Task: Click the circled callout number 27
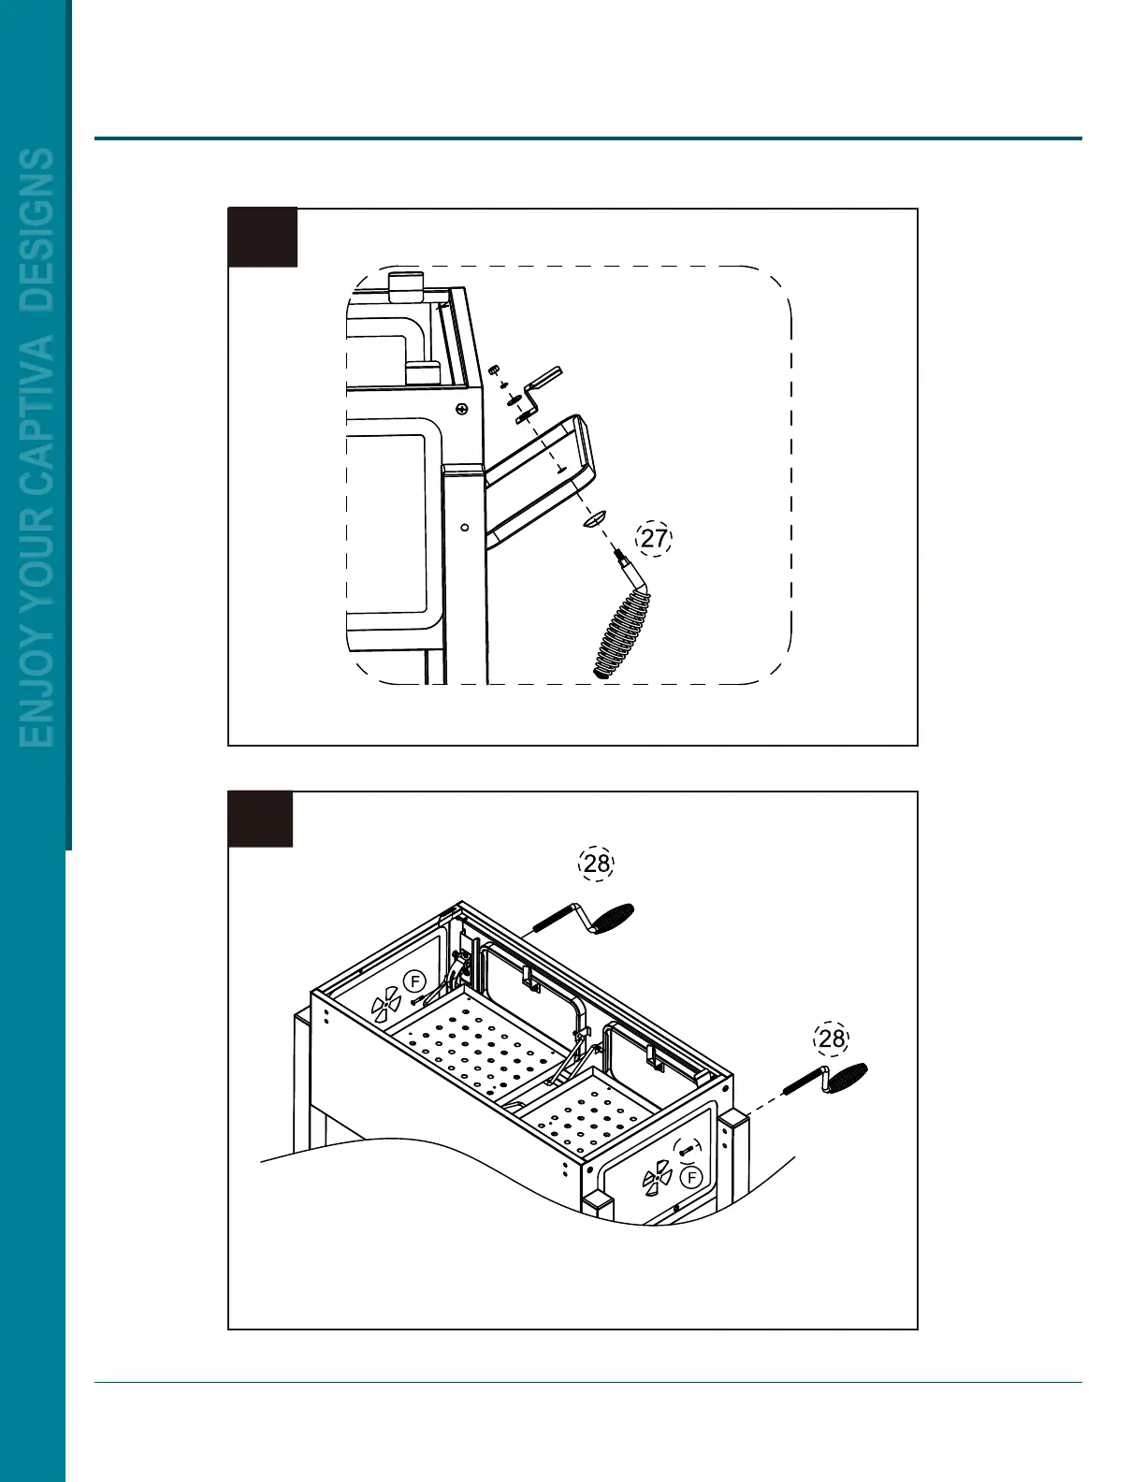pos(654,538)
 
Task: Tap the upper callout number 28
pos(597,864)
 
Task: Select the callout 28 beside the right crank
pos(831,1039)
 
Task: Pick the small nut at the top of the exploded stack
pos(494,370)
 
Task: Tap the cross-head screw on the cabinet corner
pos(462,409)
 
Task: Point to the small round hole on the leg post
pos(465,527)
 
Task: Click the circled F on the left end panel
pos(414,981)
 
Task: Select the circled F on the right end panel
pos(691,1177)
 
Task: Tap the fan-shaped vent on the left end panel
pos(385,1007)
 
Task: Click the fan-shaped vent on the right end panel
pos(658,1175)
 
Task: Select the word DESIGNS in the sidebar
pos(37,229)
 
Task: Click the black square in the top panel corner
pos(263,238)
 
